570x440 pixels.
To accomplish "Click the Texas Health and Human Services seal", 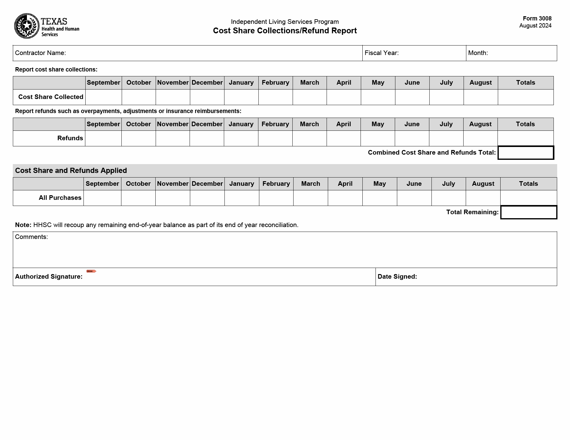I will pyautogui.click(x=27, y=26).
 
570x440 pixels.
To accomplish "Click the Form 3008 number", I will pyautogui.click(x=537, y=19).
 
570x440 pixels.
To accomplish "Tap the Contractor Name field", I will pyautogui.click(x=214, y=53).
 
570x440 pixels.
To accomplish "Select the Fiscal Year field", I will pyautogui.click(x=431, y=53).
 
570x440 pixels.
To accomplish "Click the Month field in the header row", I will pyautogui.click(x=521, y=53).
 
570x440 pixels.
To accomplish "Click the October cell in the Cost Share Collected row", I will pyautogui.click(x=139, y=97).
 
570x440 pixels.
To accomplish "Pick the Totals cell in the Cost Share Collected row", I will pyautogui.click(x=525, y=97).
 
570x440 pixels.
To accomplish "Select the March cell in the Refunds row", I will pyautogui.click(x=309, y=138).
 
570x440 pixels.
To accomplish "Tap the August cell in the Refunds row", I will pyautogui.click(x=480, y=138).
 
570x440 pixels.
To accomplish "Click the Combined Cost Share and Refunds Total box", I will pyautogui.click(x=526, y=153).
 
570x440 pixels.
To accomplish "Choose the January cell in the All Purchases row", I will pyautogui.click(x=242, y=198).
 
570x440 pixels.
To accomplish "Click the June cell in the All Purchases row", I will pyautogui.click(x=414, y=198).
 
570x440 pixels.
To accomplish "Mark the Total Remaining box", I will pyautogui.click(x=528, y=212).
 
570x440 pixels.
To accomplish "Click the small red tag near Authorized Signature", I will pyautogui.click(x=91, y=271).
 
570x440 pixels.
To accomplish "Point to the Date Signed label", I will pyautogui.click(x=397, y=277).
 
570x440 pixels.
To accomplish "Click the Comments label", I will pyautogui.click(x=31, y=237).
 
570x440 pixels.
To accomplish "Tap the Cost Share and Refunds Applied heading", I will pyautogui.click(x=71, y=170).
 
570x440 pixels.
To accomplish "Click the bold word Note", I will pyautogui.click(x=23, y=225).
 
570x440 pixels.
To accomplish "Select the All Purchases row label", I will pyautogui.click(x=60, y=198).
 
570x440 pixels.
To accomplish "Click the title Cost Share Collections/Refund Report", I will pyautogui.click(x=285, y=31).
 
